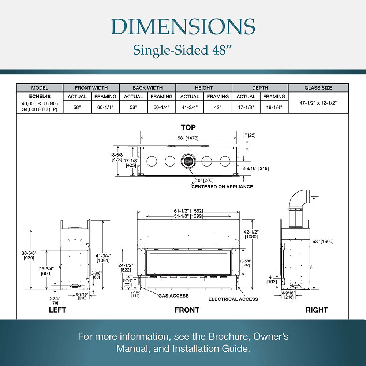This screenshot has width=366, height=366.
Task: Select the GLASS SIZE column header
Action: (318, 88)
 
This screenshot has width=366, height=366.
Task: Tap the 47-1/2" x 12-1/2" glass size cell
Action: (318, 103)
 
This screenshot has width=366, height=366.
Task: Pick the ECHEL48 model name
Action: (40, 96)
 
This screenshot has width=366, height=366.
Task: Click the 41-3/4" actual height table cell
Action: (190, 107)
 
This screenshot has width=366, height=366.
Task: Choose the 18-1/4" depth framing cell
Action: (274, 107)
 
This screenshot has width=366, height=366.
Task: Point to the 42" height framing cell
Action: (218, 107)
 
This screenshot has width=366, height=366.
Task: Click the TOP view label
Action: (188, 127)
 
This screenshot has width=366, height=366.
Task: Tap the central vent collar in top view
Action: (188, 161)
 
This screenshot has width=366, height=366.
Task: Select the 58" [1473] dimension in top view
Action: (188, 138)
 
